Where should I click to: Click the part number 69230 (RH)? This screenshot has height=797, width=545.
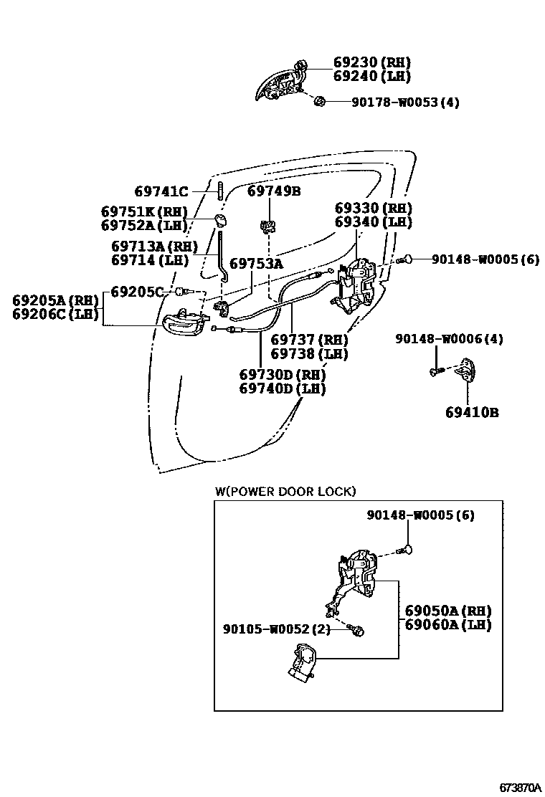(371, 62)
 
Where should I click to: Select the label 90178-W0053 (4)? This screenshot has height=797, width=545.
(405, 102)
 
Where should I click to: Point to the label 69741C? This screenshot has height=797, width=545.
(161, 191)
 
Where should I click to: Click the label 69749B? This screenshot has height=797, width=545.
(274, 191)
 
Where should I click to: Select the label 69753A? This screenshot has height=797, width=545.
(256, 264)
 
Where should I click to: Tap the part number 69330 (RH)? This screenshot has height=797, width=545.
(374, 208)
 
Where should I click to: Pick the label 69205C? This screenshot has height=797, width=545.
(137, 292)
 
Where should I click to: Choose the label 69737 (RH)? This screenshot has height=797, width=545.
(309, 340)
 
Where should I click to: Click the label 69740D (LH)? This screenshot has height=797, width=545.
(283, 389)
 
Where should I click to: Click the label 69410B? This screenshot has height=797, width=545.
(471, 412)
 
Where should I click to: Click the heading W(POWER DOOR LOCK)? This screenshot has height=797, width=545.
(285, 491)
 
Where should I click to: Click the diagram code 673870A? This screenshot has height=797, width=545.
(520, 787)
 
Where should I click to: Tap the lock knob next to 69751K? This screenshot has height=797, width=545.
(219, 217)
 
